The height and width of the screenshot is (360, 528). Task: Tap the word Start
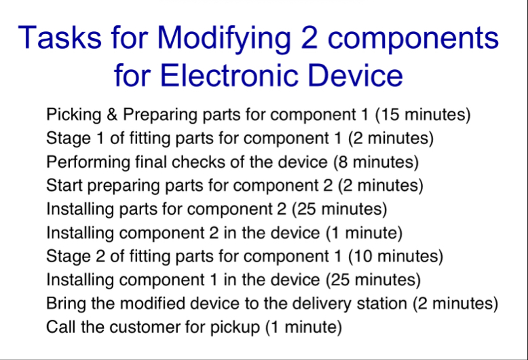point(63,185)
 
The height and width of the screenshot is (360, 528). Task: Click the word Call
point(59,327)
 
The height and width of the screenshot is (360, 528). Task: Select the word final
point(161,162)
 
